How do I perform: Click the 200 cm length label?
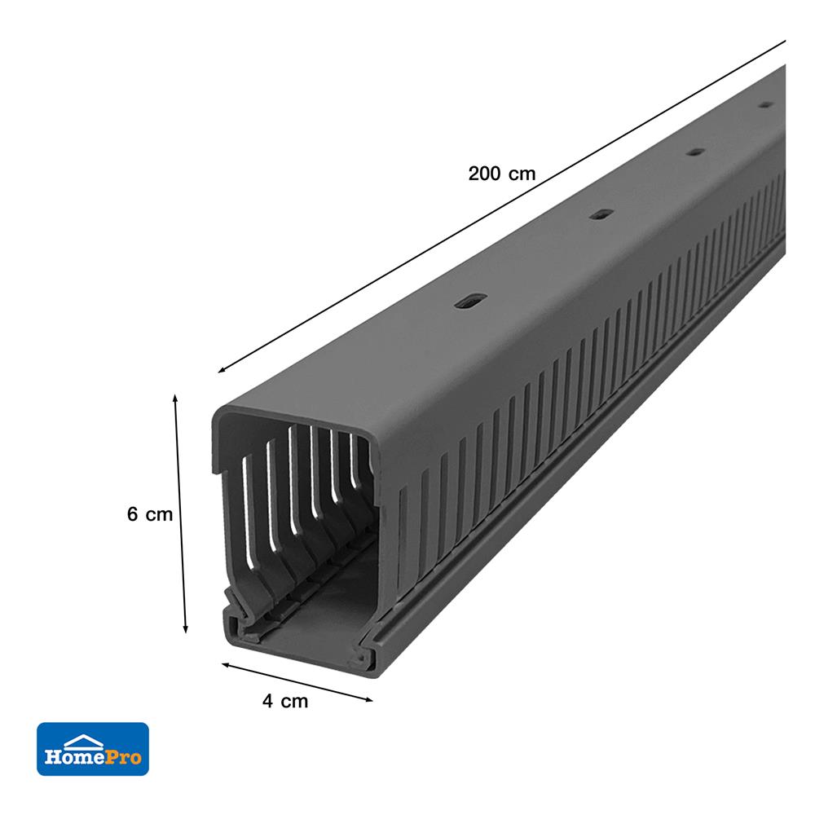click(502, 174)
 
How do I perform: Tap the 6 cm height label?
click(150, 514)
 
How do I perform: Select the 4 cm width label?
click(285, 701)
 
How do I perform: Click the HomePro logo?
click(93, 748)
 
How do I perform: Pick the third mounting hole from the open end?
click(694, 152)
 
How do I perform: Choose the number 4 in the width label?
click(267, 701)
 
